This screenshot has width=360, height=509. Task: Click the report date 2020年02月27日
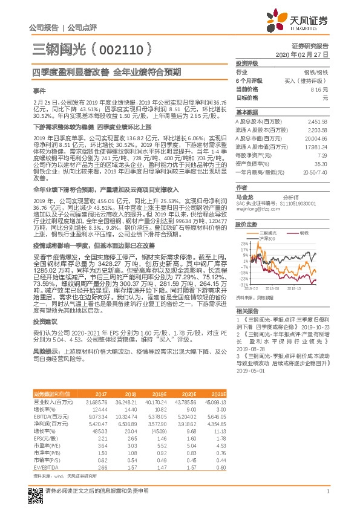(306, 54)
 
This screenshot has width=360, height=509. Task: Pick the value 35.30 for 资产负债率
(319, 164)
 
